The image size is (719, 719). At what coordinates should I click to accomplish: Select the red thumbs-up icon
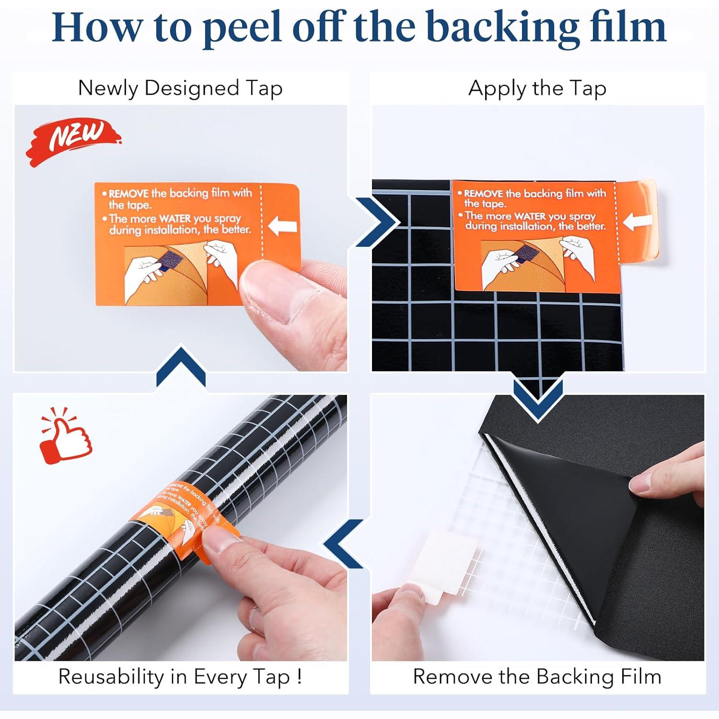(65, 437)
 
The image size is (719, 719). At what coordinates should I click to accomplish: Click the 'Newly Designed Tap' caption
(180, 89)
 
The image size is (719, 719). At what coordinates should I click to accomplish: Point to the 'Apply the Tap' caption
(537, 89)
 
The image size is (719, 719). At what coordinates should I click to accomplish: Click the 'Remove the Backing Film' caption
(537, 677)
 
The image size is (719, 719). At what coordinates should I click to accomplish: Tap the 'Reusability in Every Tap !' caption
(180, 677)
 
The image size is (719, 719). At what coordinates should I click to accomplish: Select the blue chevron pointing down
(537, 399)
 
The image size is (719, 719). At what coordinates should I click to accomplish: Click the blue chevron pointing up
(181, 367)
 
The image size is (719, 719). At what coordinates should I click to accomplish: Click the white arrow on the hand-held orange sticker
(283, 225)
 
